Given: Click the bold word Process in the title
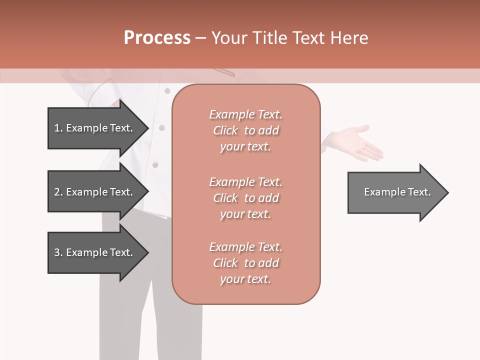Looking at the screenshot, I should [157, 38].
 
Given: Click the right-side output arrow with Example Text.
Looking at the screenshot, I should [397, 192].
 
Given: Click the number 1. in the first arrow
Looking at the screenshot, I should [58, 128].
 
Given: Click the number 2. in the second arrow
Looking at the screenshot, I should [58, 192].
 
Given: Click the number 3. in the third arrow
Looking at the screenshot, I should [58, 252].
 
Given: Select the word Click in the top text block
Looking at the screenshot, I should [225, 130].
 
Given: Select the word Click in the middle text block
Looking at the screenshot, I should [225, 198].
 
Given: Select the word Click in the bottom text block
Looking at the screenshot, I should [225, 263].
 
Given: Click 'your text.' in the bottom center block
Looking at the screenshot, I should [245, 279].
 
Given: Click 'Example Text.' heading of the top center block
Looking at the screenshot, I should [245, 114].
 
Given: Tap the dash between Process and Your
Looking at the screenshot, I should [200, 38].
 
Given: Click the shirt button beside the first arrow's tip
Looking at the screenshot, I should [161, 128].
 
